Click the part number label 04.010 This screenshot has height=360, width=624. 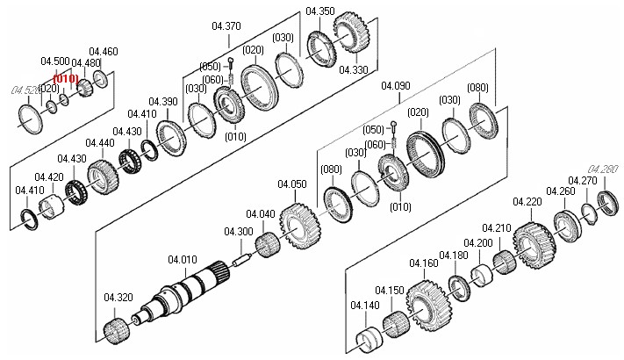pyautogui.click(x=182, y=259)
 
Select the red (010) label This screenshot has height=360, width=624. pyautogui.click(x=67, y=78)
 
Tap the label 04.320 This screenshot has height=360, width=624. pyautogui.click(x=118, y=297)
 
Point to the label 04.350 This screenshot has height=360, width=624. pyautogui.click(x=319, y=11)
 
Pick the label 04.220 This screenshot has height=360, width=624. pyautogui.click(x=527, y=202)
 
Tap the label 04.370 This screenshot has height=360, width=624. pyautogui.click(x=227, y=26)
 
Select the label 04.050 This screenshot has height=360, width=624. pyautogui.click(x=292, y=184)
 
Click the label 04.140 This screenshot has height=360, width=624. pyautogui.click(x=364, y=305)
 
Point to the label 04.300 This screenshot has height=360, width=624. pyautogui.click(x=239, y=232)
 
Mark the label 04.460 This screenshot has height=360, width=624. pyautogui.click(x=104, y=52)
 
